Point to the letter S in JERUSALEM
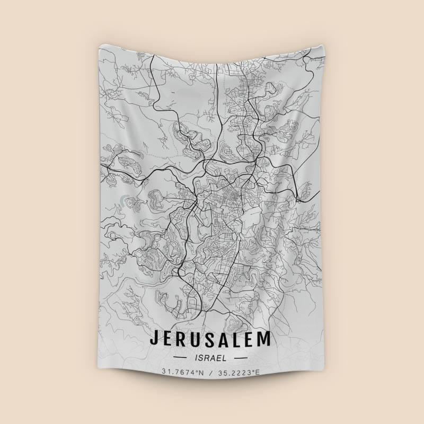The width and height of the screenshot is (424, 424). click(214, 338)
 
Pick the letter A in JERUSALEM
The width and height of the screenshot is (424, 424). click(228, 338)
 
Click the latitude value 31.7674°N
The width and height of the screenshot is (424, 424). click(183, 373)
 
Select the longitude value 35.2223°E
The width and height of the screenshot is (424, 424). click(242, 373)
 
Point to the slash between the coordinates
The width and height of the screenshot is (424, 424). click(213, 373)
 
